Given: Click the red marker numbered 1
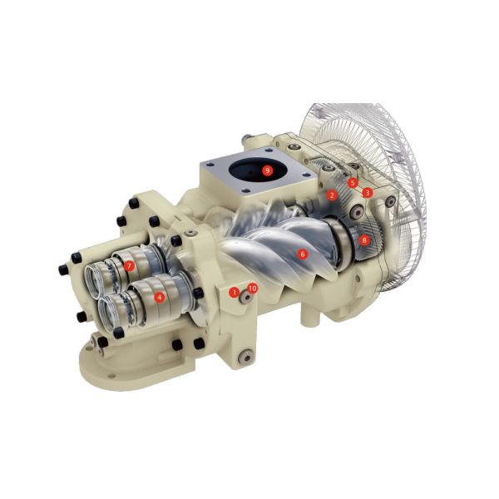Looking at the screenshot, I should coord(235,292).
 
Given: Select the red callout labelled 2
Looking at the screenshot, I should coord(332,195).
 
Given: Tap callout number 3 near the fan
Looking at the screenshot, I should coord(368,192).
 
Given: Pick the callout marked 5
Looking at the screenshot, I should coord(353,182).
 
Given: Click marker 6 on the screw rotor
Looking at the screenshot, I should coord(303,254).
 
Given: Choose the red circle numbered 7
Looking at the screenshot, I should coord(130,265).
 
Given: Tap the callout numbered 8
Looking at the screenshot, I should coord(364,240).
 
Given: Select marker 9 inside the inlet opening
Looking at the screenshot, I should coord(267,170).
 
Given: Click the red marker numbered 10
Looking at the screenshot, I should coord(253,288).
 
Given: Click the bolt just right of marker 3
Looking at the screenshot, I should coord(388,200).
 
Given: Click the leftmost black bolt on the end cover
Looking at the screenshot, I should coord(63,269).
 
